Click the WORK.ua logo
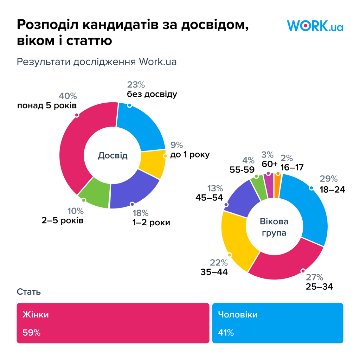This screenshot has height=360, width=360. pos(315,26)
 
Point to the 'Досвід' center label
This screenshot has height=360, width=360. pos(112,156)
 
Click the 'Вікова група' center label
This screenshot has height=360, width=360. pos(274,227)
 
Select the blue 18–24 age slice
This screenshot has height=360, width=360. pos(309,207)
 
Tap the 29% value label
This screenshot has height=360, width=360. pos(328,179)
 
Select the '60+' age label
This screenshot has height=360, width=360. pos(270,165)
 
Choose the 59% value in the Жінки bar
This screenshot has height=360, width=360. pos(31,332)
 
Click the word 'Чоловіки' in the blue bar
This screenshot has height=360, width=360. pos(238,314)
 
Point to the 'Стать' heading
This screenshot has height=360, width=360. pos(28,292)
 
